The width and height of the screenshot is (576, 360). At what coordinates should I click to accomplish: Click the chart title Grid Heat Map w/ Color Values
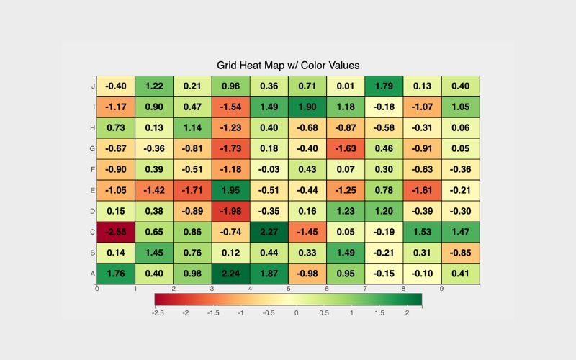tap(288, 66)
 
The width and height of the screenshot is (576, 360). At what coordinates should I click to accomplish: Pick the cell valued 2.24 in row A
tap(230, 273)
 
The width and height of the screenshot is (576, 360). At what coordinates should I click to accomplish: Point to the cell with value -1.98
tap(230, 212)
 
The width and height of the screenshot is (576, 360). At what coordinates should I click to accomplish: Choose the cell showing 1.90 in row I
tap(307, 107)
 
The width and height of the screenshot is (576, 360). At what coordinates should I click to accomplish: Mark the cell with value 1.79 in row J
tap(384, 86)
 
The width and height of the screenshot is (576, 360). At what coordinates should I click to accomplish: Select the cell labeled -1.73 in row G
tap(230, 148)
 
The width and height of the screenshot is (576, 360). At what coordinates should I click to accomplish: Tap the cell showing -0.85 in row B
tap(460, 253)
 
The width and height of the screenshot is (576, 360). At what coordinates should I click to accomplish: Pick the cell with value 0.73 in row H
tap(116, 127)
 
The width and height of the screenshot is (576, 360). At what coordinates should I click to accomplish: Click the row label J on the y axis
tap(91, 86)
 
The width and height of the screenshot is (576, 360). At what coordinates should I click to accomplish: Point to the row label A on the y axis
tap(91, 274)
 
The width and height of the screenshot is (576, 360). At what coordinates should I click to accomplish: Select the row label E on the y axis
tap(91, 190)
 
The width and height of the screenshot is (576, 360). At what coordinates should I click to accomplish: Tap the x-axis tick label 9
tap(441, 289)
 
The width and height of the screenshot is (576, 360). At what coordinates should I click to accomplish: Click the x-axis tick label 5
tap(288, 289)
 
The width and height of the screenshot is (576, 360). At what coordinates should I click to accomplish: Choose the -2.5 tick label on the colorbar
tap(158, 313)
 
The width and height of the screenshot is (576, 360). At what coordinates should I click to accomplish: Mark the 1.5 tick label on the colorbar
tap(379, 313)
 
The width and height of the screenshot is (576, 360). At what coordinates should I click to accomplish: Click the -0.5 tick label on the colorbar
tap(269, 313)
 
